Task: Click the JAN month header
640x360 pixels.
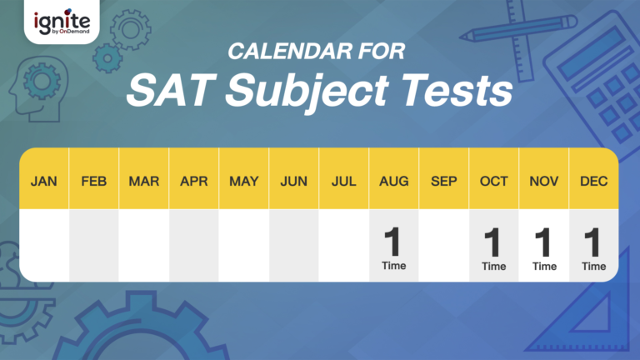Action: (x=44, y=181)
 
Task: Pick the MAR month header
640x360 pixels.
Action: (x=143, y=181)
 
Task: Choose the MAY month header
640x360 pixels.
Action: (x=243, y=181)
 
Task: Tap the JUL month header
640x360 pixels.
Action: (x=343, y=181)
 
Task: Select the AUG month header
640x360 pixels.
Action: (x=393, y=181)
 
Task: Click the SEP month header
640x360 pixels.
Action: (x=443, y=181)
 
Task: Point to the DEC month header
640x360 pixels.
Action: (x=593, y=181)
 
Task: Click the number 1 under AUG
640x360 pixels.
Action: (x=393, y=242)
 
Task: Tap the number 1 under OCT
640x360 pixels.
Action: (x=493, y=242)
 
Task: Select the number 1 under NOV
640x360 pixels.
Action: (x=543, y=242)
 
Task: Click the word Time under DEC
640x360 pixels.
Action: (x=593, y=267)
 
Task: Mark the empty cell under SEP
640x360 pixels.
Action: (x=443, y=245)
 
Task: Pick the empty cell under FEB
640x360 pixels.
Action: (x=93, y=245)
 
